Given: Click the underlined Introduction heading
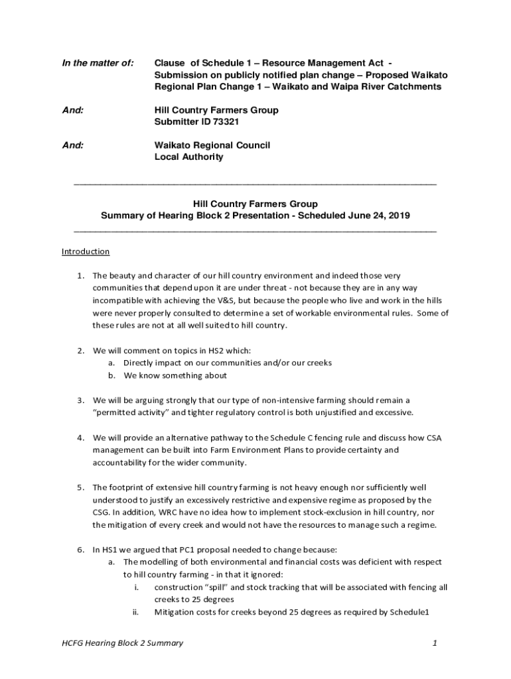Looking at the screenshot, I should pyautogui.click(x=86, y=252).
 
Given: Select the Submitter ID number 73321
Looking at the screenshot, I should pyautogui.click(x=226, y=122).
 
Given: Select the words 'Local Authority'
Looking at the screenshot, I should pyautogui.click(x=188, y=157).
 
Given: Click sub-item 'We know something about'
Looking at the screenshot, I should pyautogui.click(x=175, y=375).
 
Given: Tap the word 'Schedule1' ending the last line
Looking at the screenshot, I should pyautogui.click(x=410, y=612).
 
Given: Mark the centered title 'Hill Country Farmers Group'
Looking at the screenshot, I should pyautogui.click(x=255, y=204).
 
